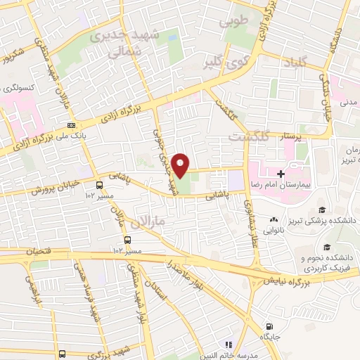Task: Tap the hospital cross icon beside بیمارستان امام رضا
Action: [281, 173]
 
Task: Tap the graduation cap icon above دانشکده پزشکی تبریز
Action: [321, 210]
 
